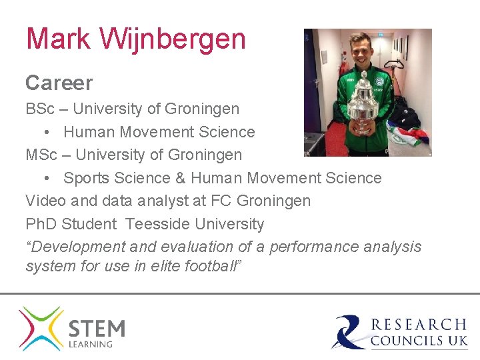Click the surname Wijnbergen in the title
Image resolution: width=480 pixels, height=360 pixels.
click(173, 39)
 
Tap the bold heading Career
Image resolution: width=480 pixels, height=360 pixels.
click(59, 83)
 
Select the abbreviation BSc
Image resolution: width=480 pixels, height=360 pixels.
click(41, 108)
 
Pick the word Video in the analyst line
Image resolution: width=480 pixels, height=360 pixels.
click(44, 201)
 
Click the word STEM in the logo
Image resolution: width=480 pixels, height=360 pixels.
click(97, 329)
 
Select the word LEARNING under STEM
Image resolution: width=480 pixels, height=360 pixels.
click(91, 344)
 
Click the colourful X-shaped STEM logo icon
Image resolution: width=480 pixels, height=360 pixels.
click(41, 329)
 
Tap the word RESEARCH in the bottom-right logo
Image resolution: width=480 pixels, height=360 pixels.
click(418, 325)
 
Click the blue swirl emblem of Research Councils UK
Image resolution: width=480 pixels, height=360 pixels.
click(349, 331)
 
